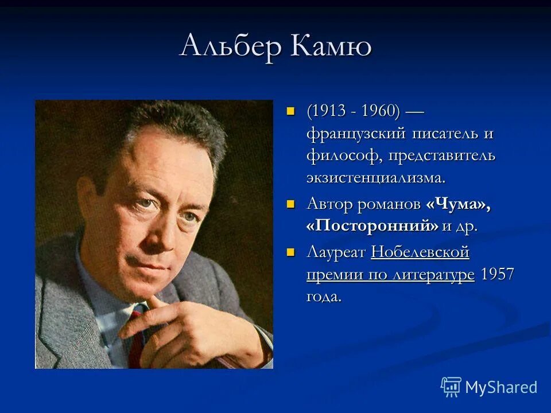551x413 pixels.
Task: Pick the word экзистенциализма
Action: (x=376, y=177)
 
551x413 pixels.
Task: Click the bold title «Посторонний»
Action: (x=372, y=225)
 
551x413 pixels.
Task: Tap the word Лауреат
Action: (x=336, y=252)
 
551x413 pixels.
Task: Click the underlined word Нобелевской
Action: (x=420, y=252)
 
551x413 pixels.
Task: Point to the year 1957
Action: (x=497, y=274)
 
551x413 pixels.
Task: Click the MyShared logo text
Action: (x=500, y=387)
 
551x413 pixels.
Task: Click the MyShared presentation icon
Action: (x=451, y=386)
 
